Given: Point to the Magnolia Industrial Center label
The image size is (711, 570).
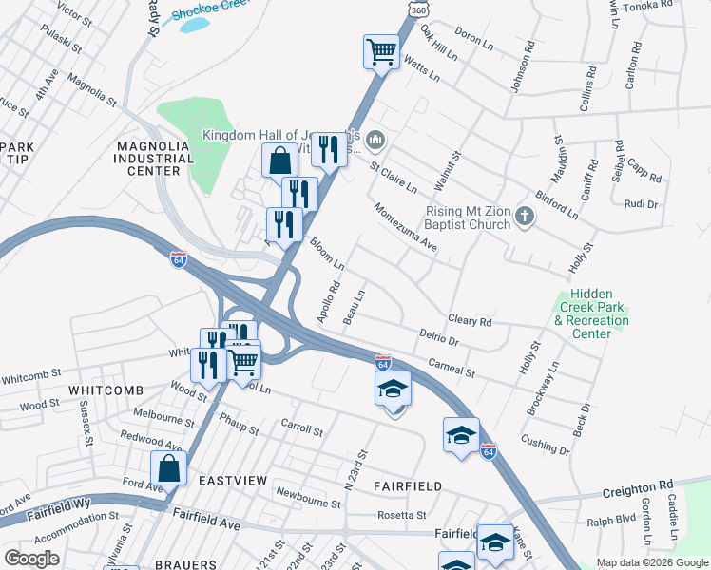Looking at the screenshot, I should [147, 158].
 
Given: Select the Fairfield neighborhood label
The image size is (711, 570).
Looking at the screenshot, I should [408, 486].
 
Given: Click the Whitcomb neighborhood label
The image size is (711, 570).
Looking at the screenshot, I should [106, 390].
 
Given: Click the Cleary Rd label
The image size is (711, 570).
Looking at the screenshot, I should [471, 322].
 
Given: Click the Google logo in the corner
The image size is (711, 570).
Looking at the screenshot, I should [31, 559].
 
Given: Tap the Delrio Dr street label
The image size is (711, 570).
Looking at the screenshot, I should [439, 337].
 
